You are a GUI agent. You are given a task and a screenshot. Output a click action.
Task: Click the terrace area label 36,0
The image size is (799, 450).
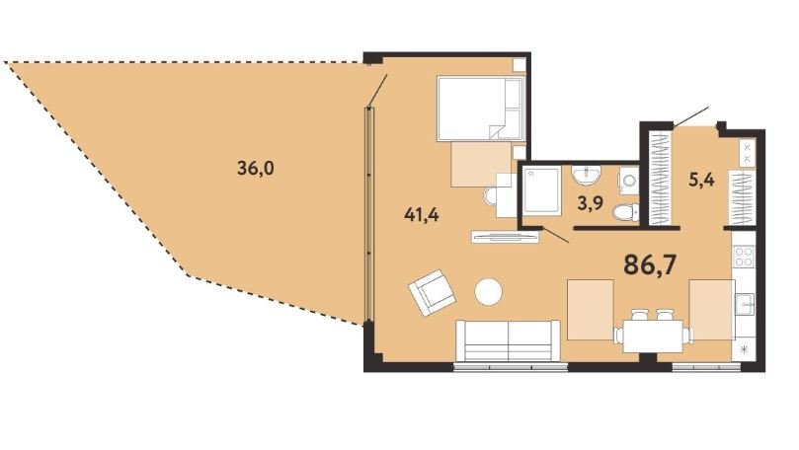point(255,167)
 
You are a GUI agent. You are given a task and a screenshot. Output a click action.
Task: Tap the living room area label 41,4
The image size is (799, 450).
point(422,215)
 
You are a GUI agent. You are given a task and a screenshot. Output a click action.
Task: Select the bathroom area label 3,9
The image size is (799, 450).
point(590,203)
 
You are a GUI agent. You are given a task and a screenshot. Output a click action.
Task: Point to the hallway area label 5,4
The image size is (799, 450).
point(701,180)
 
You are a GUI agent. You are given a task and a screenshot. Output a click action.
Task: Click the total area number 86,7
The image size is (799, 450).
point(650,264)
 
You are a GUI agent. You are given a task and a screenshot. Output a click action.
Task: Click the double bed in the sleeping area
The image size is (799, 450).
point(481,109)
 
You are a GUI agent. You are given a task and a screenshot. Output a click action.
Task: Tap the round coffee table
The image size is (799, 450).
point(489,292)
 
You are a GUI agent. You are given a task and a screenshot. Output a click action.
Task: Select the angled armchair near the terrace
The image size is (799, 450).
point(432,293)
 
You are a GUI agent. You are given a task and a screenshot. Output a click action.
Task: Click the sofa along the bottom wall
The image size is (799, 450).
point(508,340)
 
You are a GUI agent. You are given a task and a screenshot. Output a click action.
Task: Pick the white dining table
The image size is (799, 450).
point(653,336)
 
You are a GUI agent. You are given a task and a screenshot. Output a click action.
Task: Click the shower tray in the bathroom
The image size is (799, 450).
point(542,190)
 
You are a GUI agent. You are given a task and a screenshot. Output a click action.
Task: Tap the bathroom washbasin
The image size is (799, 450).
point(587,175)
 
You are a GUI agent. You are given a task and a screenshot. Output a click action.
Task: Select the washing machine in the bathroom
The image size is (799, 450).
point(629,181)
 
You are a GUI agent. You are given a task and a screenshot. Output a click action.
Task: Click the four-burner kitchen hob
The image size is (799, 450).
point(744,256)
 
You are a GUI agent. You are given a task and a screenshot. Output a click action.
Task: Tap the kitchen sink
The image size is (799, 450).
point(745,304)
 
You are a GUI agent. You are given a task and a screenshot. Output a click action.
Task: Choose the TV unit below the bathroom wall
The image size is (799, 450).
point(505,237)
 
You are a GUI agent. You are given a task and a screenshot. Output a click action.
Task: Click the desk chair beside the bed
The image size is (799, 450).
point(490,196)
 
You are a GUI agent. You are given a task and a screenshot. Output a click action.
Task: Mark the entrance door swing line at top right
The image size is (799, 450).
point(690,117)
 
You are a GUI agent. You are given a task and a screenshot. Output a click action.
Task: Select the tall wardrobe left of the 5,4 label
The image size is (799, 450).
point(661,178)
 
